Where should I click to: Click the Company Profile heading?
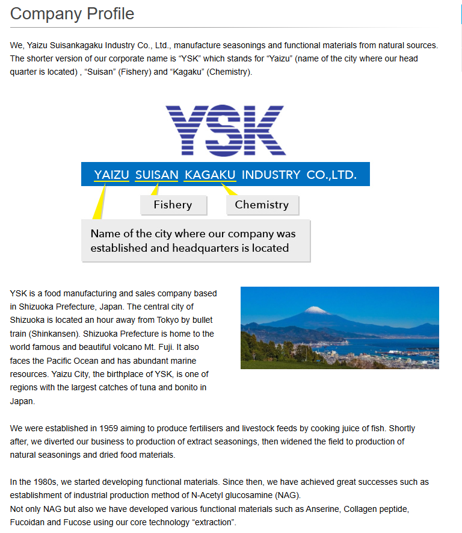[x=72, y=13]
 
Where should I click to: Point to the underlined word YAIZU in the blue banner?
[x=111, y=175]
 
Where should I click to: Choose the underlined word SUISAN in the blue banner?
[x=156, y=175]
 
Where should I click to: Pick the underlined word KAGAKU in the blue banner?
[x=210, y=175]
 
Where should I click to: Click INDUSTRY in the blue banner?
[x=271, y=175]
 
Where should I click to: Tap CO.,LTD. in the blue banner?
[x=331, y=175]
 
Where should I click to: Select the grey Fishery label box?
[x=173, y=205]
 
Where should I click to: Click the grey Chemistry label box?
[x=262, y=205]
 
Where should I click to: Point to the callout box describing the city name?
[x=196, y=240]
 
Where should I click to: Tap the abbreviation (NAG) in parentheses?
[x=286, y=496]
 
